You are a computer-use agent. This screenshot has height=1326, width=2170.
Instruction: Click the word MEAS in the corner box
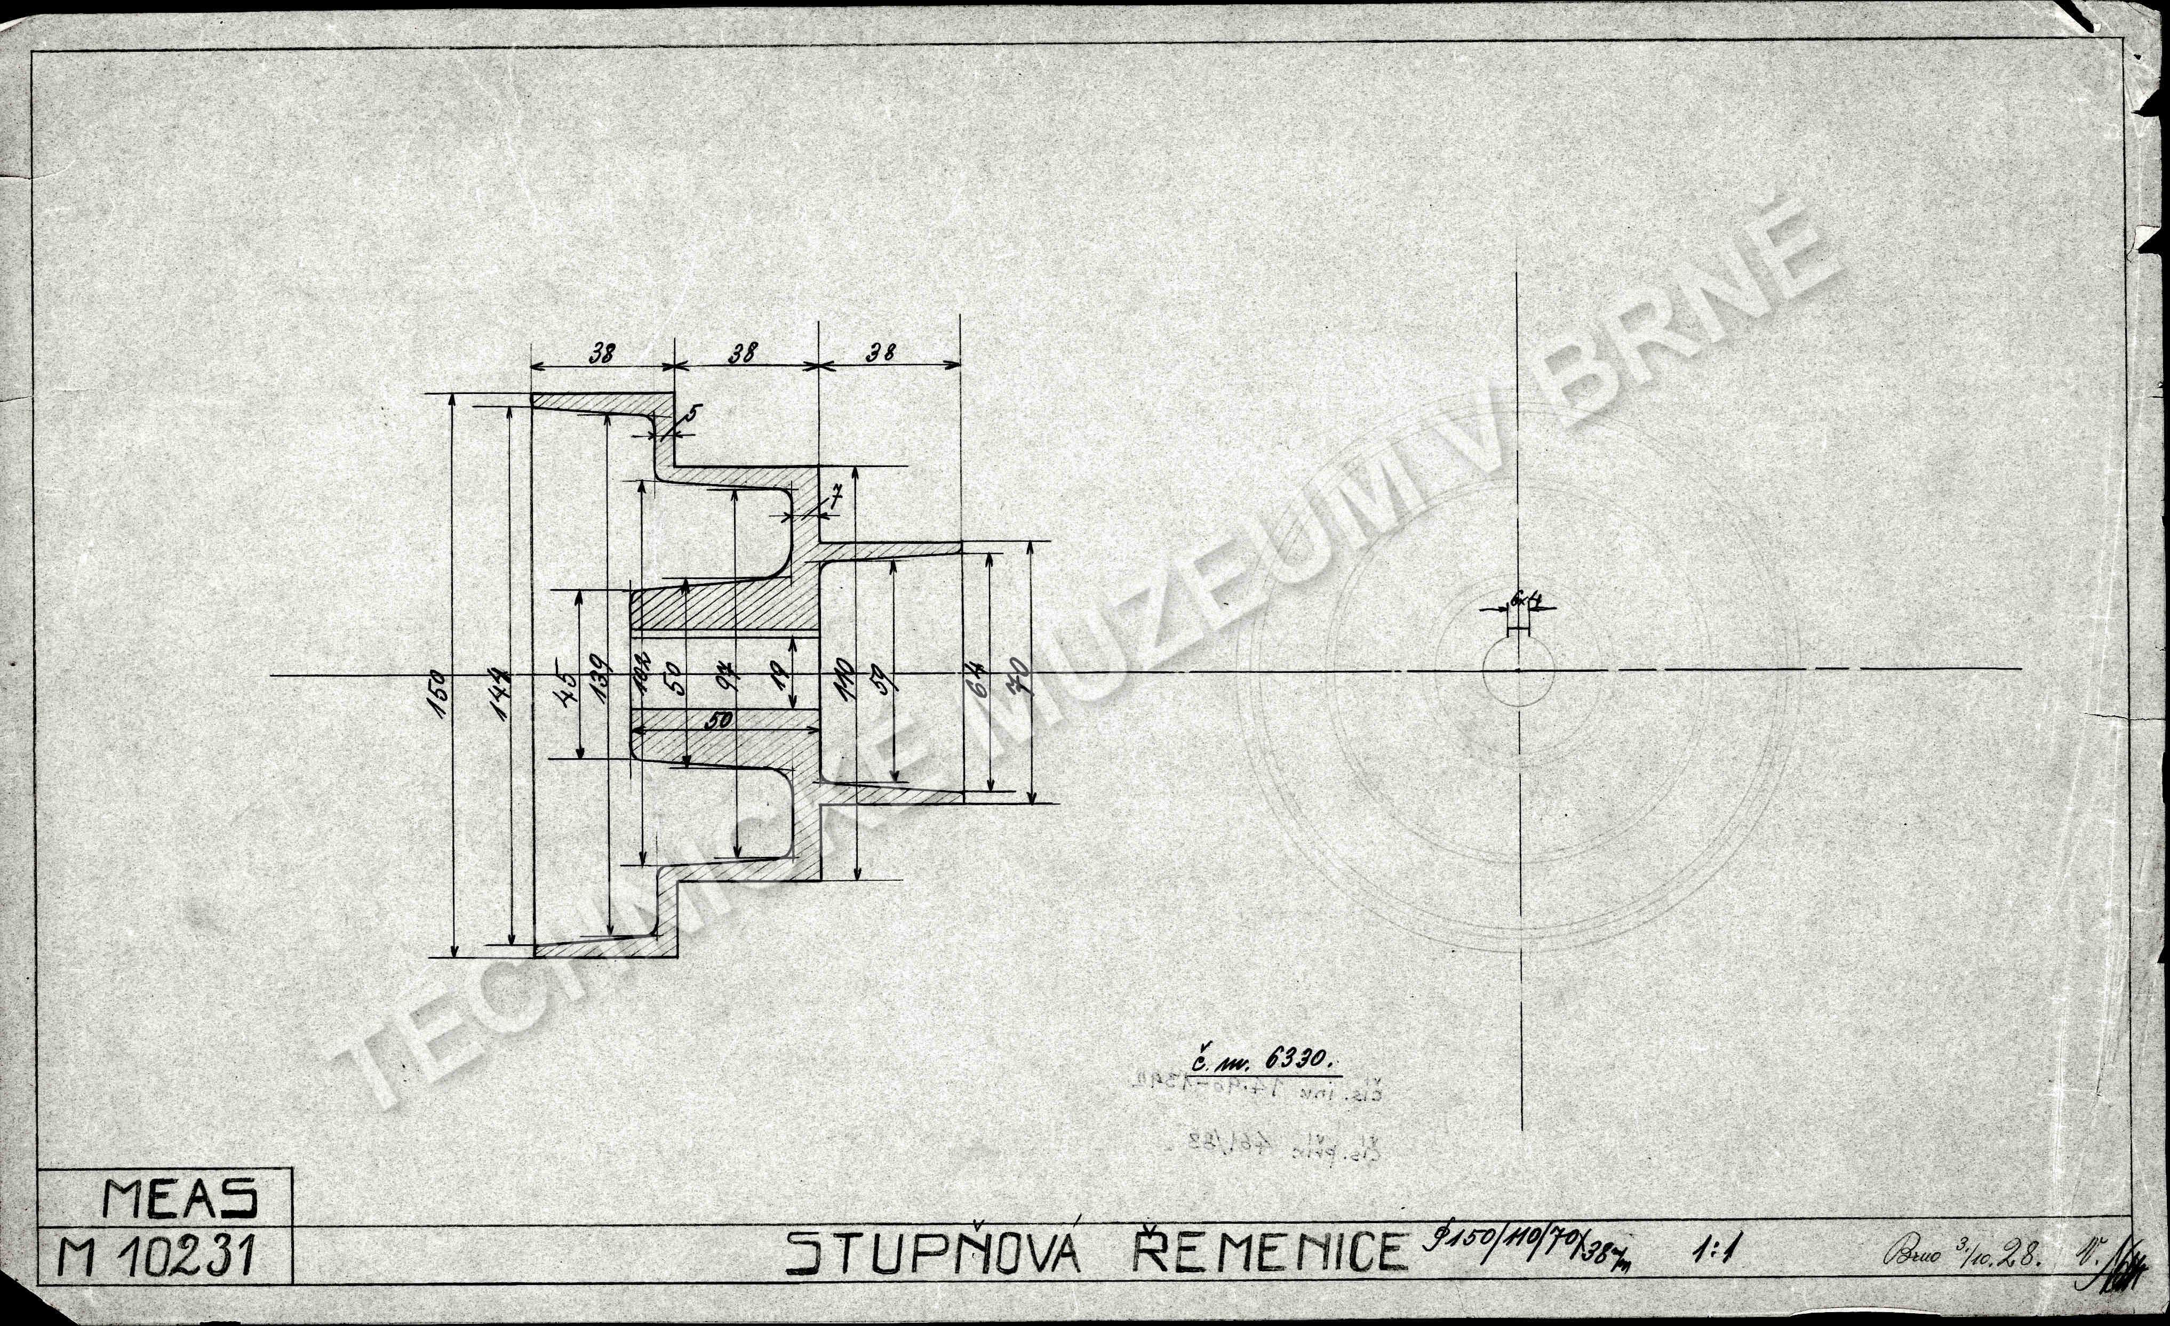click(180, 1199)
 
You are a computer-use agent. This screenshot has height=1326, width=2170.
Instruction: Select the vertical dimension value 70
click(1024, 681)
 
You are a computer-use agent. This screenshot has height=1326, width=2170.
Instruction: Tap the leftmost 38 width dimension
click(602, 354)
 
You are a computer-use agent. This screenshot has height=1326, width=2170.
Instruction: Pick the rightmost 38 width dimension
click(881, 354)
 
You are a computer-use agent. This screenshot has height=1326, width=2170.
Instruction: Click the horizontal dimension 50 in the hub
click(720, 721)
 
